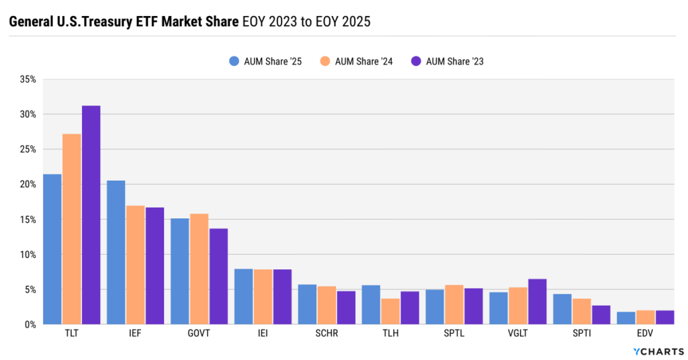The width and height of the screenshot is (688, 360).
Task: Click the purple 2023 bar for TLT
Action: tap(91, 215)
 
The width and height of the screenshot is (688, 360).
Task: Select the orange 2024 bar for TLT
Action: tap(72, 228)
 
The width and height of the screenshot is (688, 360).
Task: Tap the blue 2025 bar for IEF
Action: tap(116, 252)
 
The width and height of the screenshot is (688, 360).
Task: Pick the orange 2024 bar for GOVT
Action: tap(199, 269)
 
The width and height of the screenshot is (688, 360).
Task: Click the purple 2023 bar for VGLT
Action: tap(537, 302)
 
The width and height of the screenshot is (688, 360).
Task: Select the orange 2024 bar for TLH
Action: tap(390, 312)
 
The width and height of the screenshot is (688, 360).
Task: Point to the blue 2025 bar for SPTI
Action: tap(562, 309)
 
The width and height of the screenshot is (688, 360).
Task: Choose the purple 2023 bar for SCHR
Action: tap(346, 308)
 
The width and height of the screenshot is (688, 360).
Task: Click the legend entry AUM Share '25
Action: tap(265, 61)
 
